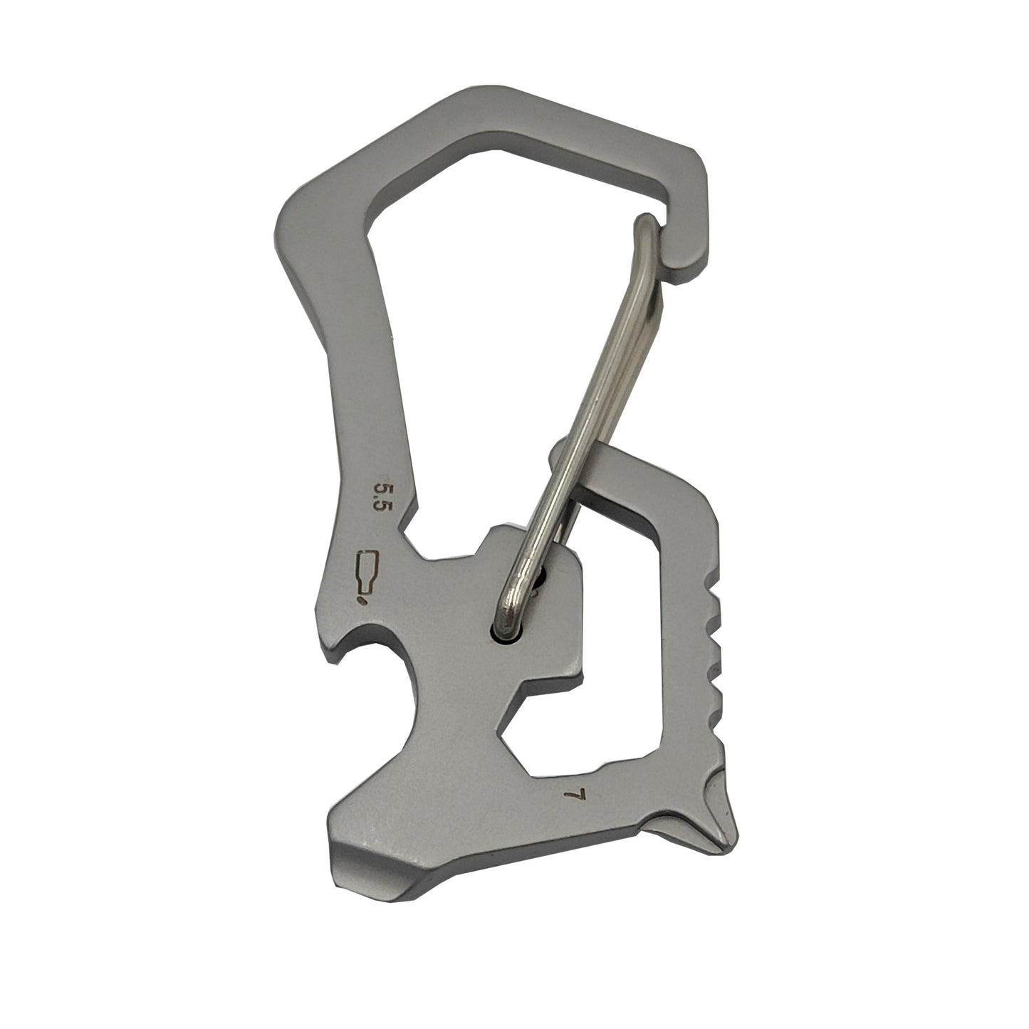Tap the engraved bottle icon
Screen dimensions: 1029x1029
pyautogui.click(x=367, y=571)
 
